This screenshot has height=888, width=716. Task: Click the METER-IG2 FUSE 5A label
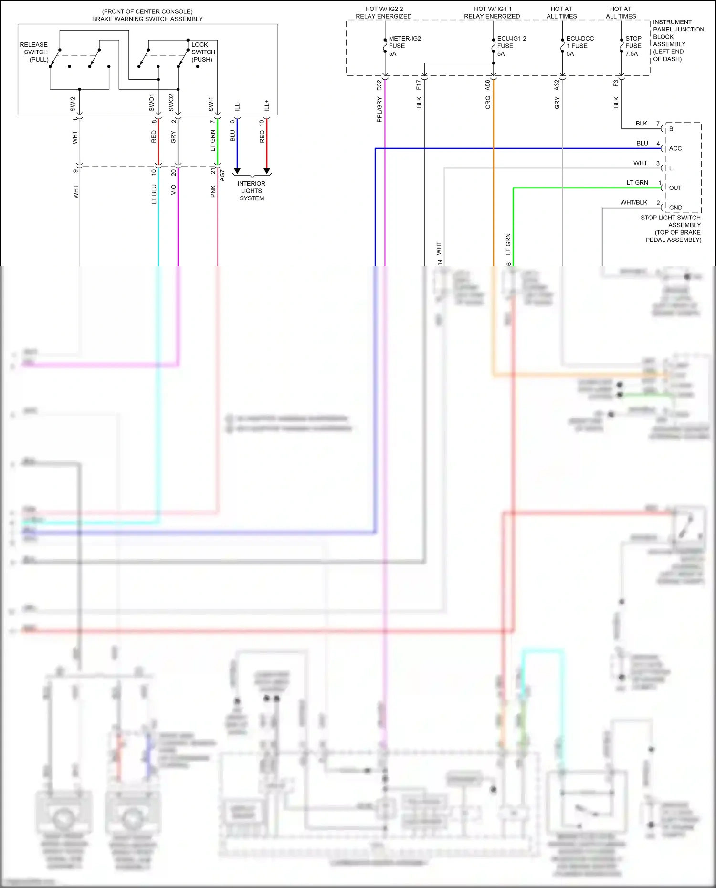[404, 46]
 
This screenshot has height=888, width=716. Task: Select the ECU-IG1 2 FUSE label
[511, 46]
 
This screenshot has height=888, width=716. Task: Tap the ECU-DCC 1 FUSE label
[579, 46]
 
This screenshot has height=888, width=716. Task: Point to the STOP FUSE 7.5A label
[633, 46]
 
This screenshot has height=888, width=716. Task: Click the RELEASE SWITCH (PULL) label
[34, 52]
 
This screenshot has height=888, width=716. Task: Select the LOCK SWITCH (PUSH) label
[203, 52]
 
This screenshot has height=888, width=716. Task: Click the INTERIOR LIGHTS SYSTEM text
[252, 191]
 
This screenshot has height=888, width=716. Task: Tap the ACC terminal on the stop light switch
[675, 148]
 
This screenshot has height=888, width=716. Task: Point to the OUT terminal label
[675, 188]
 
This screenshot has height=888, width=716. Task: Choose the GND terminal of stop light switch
[675, 208]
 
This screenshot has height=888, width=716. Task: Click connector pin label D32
[379, 85]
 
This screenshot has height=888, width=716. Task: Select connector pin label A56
[487, 85]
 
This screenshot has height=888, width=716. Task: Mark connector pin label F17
[419, 85]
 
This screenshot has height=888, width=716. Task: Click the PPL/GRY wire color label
[379, 110]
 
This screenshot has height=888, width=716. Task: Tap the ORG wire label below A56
[487, 103]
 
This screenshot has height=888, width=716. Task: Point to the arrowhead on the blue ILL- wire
[237, 171]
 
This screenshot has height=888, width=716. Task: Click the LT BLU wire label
[154, 194]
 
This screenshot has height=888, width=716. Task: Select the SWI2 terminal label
[73, 104]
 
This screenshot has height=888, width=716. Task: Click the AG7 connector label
[222, 175]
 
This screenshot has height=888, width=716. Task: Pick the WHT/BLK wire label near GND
[633, 202]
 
